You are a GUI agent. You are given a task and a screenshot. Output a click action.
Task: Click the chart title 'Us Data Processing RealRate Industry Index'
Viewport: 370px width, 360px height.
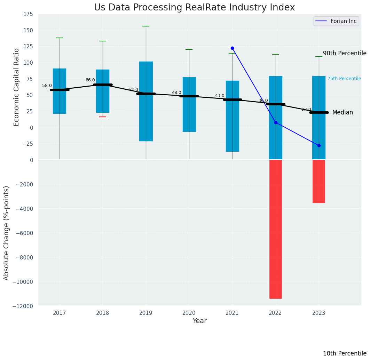(x=194, y=8)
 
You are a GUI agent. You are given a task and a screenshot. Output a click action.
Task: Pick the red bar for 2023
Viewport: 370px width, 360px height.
(x=318, y=181)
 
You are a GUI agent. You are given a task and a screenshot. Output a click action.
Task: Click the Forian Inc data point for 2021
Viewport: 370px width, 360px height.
(x=232, y=48)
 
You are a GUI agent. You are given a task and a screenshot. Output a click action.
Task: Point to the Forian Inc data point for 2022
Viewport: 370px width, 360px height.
(x=276, y=122)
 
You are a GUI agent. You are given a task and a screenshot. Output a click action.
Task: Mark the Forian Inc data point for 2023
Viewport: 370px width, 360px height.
(x=319, y=145)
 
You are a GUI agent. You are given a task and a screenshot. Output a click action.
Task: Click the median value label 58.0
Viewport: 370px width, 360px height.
(x=47, y=86)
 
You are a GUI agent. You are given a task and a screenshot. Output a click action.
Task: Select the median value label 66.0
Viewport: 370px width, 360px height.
(x=90, y=80)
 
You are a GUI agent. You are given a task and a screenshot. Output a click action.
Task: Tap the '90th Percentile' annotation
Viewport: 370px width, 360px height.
(x=345, y=53)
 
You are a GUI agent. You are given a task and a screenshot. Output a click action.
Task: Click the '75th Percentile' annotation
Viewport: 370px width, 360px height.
(x=344, y=79)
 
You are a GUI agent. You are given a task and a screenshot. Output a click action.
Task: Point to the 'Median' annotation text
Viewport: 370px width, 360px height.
(x=343, y=112)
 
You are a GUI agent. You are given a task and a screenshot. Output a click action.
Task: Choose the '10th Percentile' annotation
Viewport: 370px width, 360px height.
(x=345, y=353)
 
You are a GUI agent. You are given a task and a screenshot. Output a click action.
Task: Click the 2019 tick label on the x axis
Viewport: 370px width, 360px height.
(x=146, y=313)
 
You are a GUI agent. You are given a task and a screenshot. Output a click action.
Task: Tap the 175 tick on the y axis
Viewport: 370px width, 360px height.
(x=28, y=14)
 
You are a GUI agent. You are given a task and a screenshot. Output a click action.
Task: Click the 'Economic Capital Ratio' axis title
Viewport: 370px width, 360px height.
(x=16, y=87)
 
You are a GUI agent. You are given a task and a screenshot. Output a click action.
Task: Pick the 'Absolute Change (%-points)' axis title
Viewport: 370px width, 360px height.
(x=7, y=233)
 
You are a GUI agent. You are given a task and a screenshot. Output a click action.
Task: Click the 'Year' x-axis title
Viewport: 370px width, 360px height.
(x=200, y=321)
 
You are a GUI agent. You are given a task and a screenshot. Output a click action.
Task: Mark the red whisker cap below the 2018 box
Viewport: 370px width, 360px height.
(x=103, y=117)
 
